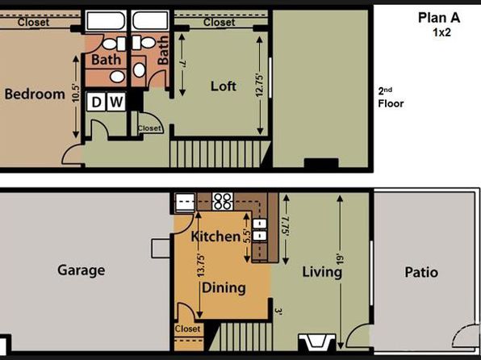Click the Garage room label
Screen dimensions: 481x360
pos(82,270)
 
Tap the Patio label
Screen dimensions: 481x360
pos(421,272)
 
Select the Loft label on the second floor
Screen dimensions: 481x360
pos(224,86)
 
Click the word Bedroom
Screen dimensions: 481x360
pos(35,94)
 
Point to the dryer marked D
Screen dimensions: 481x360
pos(96,102)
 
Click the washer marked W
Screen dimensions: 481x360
pos(116,102)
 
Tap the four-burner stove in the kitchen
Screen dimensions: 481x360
pos(223,201)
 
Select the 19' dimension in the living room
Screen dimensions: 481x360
pos(341,260)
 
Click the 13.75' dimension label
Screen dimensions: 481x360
pos(201,265)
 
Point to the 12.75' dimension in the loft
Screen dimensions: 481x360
pos(260,86)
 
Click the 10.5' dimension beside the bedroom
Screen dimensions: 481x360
pos(76,93)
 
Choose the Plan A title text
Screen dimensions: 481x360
pos(439,18)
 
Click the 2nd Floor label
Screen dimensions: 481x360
pos(391,98)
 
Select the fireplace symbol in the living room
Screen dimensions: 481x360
pos(317,341)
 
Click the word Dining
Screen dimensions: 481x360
pos(224,288)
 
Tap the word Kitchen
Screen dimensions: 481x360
pos(215,237)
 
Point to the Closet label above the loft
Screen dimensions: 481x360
pos(219,22)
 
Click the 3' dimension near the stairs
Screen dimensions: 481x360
pos(278,312)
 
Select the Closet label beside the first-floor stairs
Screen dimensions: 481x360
pos(187,329)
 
